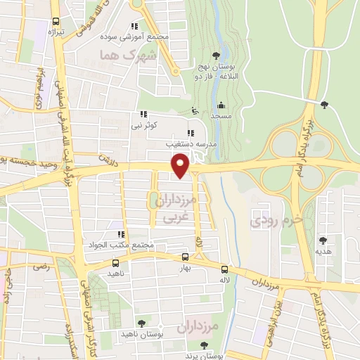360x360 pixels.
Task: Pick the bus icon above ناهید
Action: (115, 260)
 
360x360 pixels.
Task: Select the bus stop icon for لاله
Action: (224, 269)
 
